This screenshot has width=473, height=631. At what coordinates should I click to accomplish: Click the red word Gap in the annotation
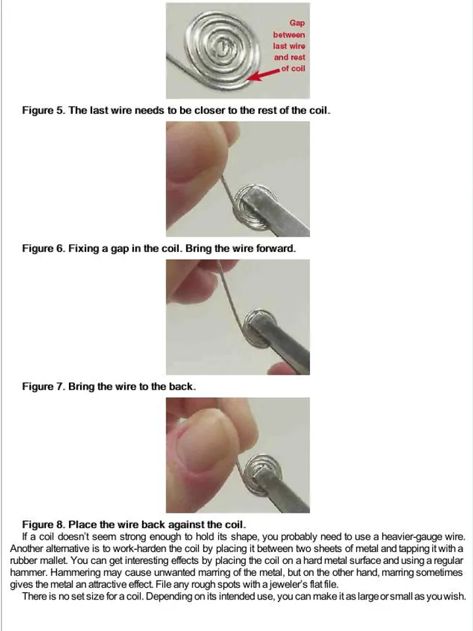coord(297,23)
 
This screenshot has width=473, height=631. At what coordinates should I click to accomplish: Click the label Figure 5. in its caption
coord(44,110)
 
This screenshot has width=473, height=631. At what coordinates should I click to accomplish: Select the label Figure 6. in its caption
coord(44,248)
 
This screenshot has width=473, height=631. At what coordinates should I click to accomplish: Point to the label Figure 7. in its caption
coord(44,386)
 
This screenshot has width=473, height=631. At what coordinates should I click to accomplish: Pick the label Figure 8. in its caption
coord(44,525)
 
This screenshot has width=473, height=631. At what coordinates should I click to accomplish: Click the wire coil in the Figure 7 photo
coord(259,328)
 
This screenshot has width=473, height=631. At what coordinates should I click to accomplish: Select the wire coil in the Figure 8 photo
coord(263,474)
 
